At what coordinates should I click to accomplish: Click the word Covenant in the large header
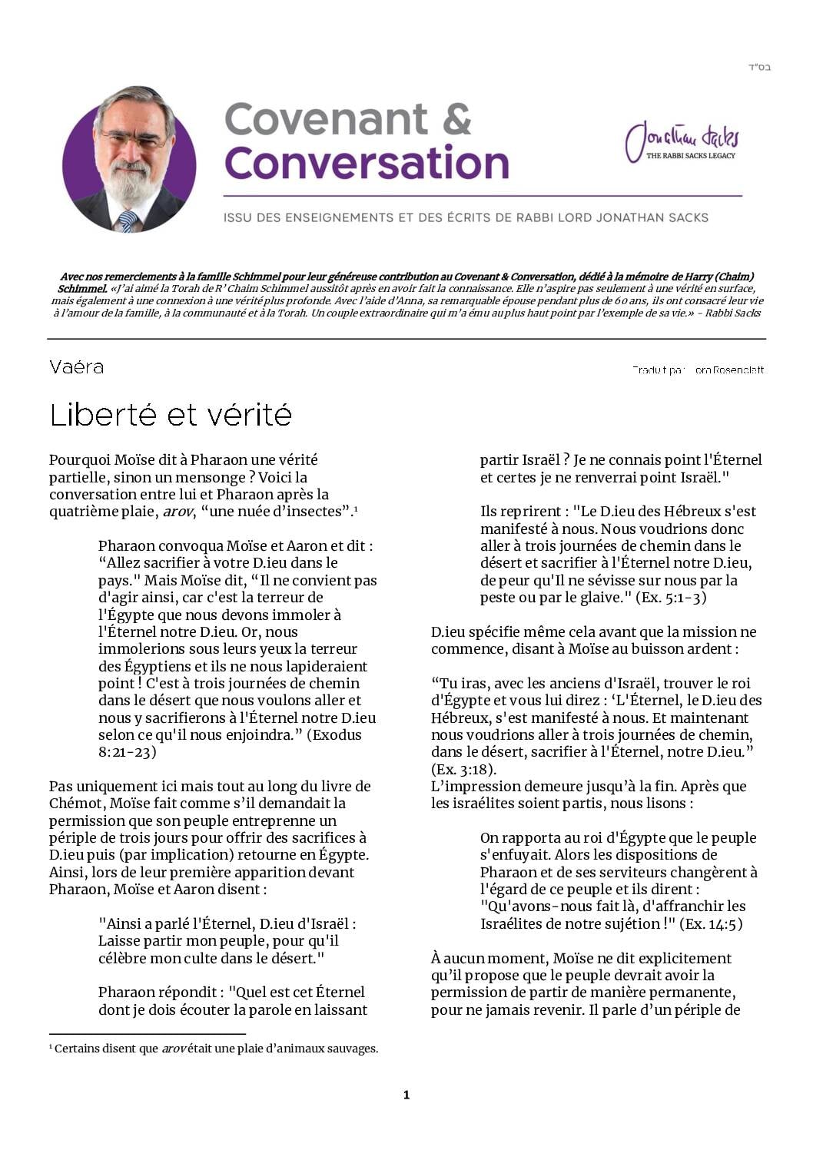point(326,119)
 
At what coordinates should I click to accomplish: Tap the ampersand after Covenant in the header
point(456,119)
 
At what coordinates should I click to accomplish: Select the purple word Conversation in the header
point(367,164)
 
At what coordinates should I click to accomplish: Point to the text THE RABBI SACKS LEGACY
point(690,156)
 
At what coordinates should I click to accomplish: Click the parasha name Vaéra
point(76,367)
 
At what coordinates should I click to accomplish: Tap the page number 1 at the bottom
point(406,1095)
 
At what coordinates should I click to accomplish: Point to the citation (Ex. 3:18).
point(463,769)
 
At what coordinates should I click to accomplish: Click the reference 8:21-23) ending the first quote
point(127,751)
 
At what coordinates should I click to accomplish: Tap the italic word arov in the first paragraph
point(177,512)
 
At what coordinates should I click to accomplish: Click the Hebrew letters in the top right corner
point(759,68)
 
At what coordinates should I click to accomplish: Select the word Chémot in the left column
point(75,804)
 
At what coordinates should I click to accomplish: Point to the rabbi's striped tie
point(128,220)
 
